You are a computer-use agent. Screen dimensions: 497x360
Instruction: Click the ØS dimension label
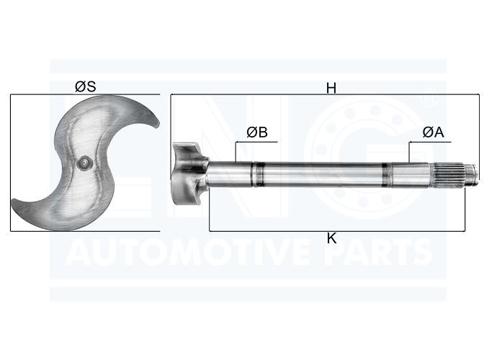click(x=86, y=86)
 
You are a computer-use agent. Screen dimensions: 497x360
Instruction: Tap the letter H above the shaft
click(x=331, y=89)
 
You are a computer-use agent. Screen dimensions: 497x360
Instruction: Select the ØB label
click(x=257, y=132)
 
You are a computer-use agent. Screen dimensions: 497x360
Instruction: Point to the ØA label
click(x=434, y=132)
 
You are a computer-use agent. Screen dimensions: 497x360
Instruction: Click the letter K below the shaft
click(x=331, y=238)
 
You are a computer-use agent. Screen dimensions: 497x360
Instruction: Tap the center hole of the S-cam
click(x=84, y=162)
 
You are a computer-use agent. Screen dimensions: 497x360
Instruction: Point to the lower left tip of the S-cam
click(x=13, y=202)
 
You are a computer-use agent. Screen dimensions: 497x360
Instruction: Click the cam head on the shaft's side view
click(x=189, y=174)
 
